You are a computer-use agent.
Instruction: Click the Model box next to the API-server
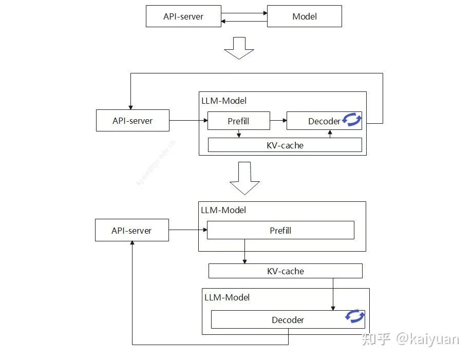pos(304,16)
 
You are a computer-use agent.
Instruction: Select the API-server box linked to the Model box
pos(183,16)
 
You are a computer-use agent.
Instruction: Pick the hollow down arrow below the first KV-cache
pos(244,178)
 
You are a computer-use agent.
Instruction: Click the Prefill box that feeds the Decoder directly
pos(238,121)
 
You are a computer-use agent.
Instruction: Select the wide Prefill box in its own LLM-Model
pos(280,231)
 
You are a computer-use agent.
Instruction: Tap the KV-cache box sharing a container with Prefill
pos(285,145)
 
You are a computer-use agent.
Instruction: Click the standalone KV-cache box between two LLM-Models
pos(285,271)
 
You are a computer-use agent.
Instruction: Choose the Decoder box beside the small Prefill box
pos(324,121)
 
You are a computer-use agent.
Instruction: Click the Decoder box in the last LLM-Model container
pos(288,320)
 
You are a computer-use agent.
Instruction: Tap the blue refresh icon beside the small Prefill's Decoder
pos(352,120)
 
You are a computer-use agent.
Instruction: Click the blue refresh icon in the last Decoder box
pos(355,316)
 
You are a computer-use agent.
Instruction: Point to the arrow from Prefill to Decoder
pos(278,121)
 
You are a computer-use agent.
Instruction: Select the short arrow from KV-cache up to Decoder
pos(330,134)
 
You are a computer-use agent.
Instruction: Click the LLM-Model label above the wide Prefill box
pos(223,210)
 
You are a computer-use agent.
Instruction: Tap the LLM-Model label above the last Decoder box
pos(227,297)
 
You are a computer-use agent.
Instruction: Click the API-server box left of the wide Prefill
pos(131,231)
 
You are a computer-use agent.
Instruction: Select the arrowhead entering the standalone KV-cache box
pos(244,261)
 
